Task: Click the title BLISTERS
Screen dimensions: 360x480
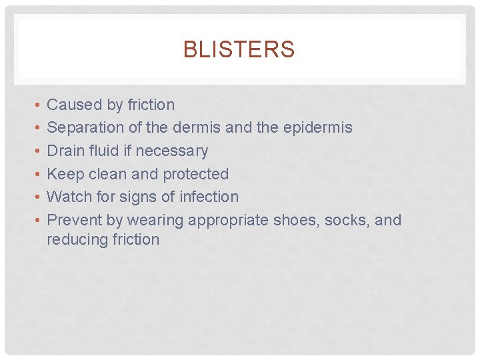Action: pyautogui.click(x=239, y=50)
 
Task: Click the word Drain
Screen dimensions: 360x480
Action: pyautogui.click(x=65, y=151)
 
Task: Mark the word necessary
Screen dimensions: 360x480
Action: pyautogui.click(x=176, y=151)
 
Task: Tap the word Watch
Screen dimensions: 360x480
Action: pyautogui.click(x=67, y=197)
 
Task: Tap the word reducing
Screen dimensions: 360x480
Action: pyautogui.click(x=73, y=240)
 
